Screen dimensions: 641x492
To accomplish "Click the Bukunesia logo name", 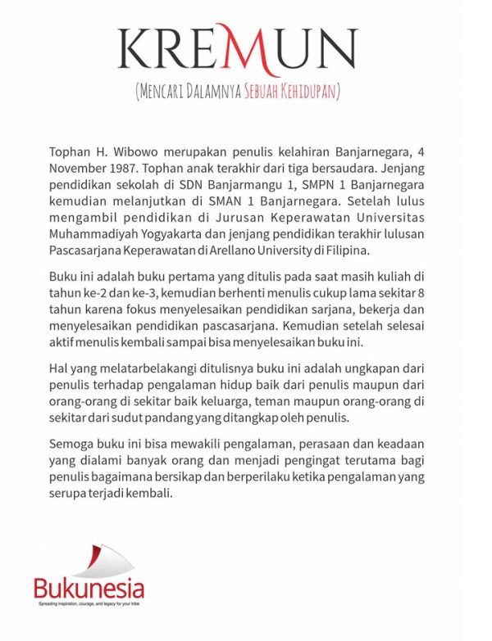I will click(x=89, y=588).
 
